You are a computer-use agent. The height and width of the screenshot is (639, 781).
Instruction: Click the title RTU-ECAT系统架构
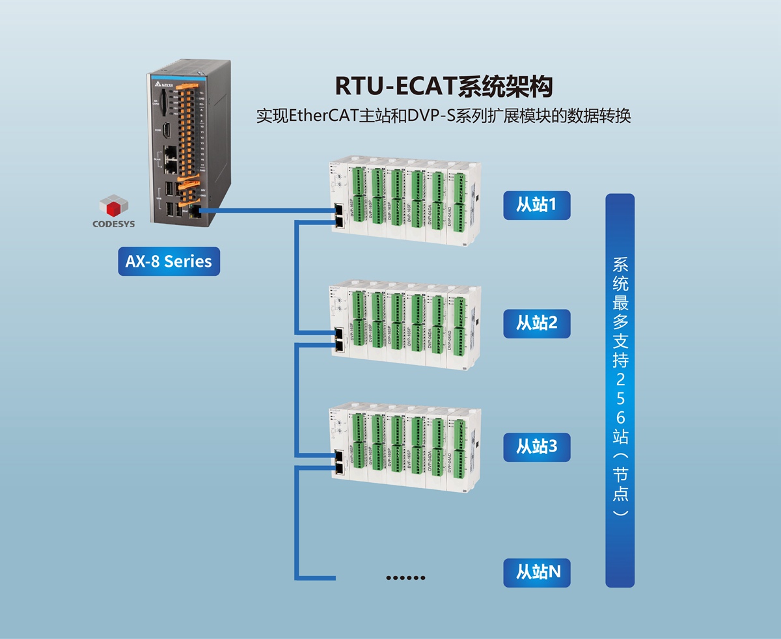point(444,86)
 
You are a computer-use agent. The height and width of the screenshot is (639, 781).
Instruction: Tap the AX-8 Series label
point(169,262)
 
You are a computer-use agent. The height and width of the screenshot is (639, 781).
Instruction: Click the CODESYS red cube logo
point(115,208)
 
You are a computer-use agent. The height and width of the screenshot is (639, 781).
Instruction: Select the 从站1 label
point(536,205)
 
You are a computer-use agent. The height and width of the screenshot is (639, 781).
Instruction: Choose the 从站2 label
point(536,323)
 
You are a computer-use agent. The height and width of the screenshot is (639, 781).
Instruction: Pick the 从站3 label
point(536,447)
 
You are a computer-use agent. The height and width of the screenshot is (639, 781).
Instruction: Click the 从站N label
point(538,572)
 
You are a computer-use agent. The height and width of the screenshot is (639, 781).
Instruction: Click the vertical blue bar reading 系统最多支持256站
point(620,390)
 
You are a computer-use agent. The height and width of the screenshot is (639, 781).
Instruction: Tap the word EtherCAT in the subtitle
point(316,117)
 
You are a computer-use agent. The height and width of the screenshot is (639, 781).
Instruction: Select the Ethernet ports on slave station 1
point(340,216)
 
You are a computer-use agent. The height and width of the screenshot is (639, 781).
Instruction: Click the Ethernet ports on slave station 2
point(339,339)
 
